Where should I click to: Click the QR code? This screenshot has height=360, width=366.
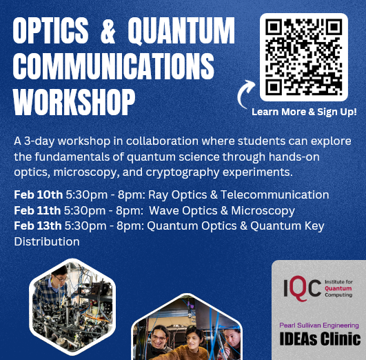tap(304, 57)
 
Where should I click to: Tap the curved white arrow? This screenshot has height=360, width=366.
tap(243, 93)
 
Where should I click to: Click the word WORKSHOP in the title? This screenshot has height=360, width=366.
tap(74, 102)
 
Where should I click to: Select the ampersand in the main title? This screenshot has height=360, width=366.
tap(108, 30)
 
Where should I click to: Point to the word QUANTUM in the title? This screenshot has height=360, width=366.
tap(181, 31)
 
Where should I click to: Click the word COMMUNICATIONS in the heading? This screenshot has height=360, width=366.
tap(114, 66)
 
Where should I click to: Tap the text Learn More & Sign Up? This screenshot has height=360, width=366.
tap(304, 112)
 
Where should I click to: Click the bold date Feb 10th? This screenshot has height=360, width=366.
tap(39, 194)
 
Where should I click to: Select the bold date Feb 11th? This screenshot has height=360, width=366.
tap(37, 210)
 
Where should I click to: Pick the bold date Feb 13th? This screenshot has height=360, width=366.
tap(38, 226)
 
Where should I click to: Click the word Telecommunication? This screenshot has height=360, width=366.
tap(275, 194)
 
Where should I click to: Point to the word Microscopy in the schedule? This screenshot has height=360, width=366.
tap(263, 211)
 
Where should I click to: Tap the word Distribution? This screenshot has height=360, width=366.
tap(47, 241)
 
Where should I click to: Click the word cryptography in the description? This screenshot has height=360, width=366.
tap(183, 172)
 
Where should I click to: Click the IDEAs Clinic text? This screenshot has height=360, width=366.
tap(320, 339)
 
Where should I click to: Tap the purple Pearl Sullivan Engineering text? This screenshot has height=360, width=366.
tap(319, 326)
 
